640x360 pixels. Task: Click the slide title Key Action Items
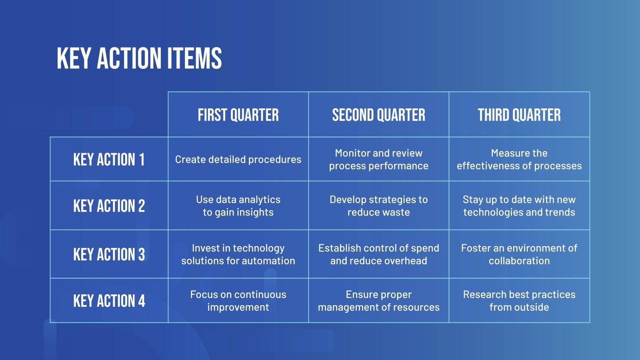click(139, 58)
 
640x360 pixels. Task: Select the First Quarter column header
click(238, 115)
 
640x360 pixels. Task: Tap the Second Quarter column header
click(378, 115)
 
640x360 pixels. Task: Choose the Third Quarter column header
click(519, 115)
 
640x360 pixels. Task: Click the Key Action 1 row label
click(109, 160)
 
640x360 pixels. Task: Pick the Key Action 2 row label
click(109, 206)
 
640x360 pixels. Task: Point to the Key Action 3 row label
click(109, 254)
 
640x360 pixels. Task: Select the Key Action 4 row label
click(109, 301)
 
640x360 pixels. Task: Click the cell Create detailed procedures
click(238, 160)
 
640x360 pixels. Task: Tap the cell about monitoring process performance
click(378, 160)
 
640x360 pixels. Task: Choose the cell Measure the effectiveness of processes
click(519, 160)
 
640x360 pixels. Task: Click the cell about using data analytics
click(238, 206)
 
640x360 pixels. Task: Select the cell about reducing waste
click(378, 206)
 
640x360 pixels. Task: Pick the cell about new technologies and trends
click(519, 206)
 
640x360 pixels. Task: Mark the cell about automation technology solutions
click(238, 254)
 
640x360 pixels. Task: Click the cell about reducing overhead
click(378, 254)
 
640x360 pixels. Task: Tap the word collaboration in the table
click(519, 261)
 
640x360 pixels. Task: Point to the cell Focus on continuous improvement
click(238, 301)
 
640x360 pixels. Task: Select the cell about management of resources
click(378, 301)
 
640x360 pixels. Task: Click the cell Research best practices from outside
click(519, 301)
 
